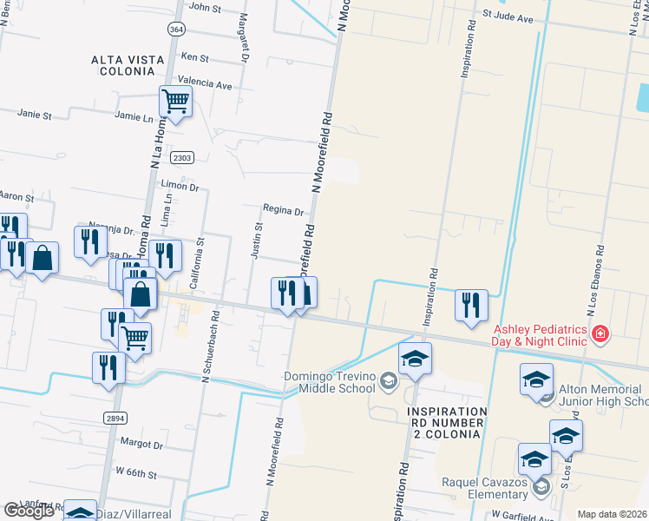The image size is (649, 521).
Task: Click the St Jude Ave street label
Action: [508, 16]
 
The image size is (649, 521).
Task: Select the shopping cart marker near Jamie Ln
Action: [175, 103]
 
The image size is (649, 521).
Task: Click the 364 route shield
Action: [177, 30]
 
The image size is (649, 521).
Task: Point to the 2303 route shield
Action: [181, 157]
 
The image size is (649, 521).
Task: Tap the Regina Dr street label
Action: [283, 211]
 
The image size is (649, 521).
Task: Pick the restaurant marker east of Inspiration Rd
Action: [471, 306]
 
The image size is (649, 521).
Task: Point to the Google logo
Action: [28, 511]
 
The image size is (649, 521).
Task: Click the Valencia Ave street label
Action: [205, 85]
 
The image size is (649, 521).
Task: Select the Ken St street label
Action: [194, 57]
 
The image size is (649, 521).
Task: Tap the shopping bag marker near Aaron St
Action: [43, 258]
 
